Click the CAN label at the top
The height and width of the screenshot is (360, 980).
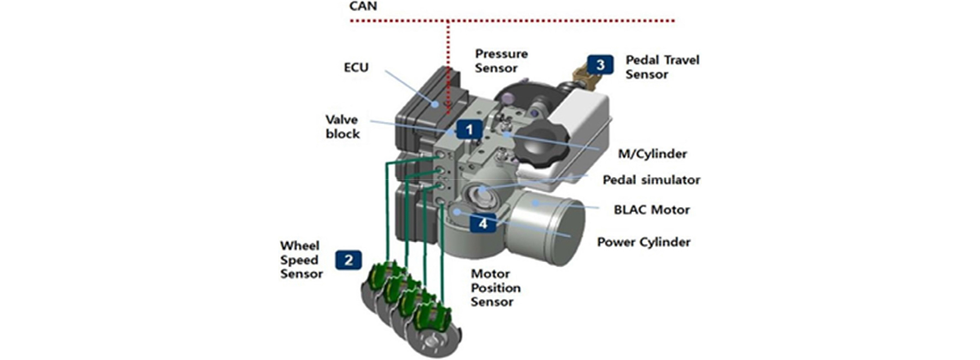click(363, 7)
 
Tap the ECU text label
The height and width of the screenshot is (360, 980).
click(356, 67)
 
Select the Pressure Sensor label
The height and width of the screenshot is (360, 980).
click(501, 61)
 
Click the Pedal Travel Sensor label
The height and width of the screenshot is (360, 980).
click(663, 67)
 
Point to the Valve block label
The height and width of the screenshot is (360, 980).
click(342, 127)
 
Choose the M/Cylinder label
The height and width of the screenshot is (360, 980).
click(653, 154)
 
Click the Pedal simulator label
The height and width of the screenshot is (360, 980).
click(651, 180)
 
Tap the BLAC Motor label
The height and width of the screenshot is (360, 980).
click(652, 210)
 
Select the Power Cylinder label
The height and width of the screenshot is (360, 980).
click(644, 242)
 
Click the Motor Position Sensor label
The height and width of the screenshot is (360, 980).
click(496, 288)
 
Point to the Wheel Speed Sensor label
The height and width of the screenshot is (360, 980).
click(301, 260)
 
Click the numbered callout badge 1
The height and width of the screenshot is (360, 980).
click(470, 130)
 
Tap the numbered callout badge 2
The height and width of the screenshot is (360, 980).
click(348, 260)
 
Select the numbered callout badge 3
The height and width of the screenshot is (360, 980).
click(600, 65)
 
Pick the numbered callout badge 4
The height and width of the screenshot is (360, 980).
click(483, 223)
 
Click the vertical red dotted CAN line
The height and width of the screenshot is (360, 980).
click(449, 66)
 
